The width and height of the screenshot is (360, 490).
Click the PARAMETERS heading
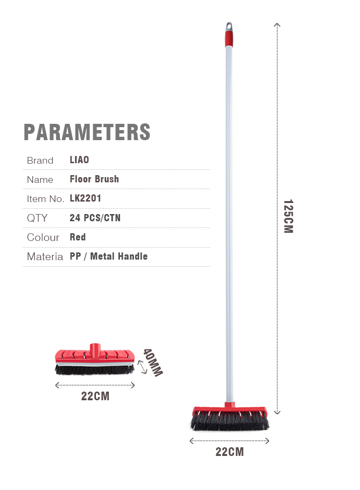(x=87, y=132)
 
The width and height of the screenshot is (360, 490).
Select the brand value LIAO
(x=79, y=160)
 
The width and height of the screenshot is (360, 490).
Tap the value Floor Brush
(x=95, y=179)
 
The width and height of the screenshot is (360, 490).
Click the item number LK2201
(x=85, y=198)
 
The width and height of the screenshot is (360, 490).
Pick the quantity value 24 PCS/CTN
(x=95, y=218)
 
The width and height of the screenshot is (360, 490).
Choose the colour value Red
(x=77, y=237)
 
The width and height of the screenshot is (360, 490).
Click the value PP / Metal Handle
(x=108, y=256)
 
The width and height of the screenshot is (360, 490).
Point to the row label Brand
(x=40, y=160)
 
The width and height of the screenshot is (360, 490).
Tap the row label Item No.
(x=45, y=199)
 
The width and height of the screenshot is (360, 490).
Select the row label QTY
(x=37, y=218)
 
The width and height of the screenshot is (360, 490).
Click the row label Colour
(x=43, y=237)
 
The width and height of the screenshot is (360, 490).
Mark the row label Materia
(x=45, y=257)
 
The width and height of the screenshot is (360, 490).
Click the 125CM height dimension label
(x=288, y=216)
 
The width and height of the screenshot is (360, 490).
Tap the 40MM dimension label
(x=153, y=362)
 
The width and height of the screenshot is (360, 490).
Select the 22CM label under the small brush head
(x=96, y=396)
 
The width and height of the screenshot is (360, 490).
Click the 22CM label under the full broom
(x=230, y=452)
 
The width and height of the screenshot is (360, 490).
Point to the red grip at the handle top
(x=229, y=39)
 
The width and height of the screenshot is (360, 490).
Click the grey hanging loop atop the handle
(x=229, y=27)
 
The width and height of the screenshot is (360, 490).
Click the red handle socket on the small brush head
(x=95, y=350)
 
